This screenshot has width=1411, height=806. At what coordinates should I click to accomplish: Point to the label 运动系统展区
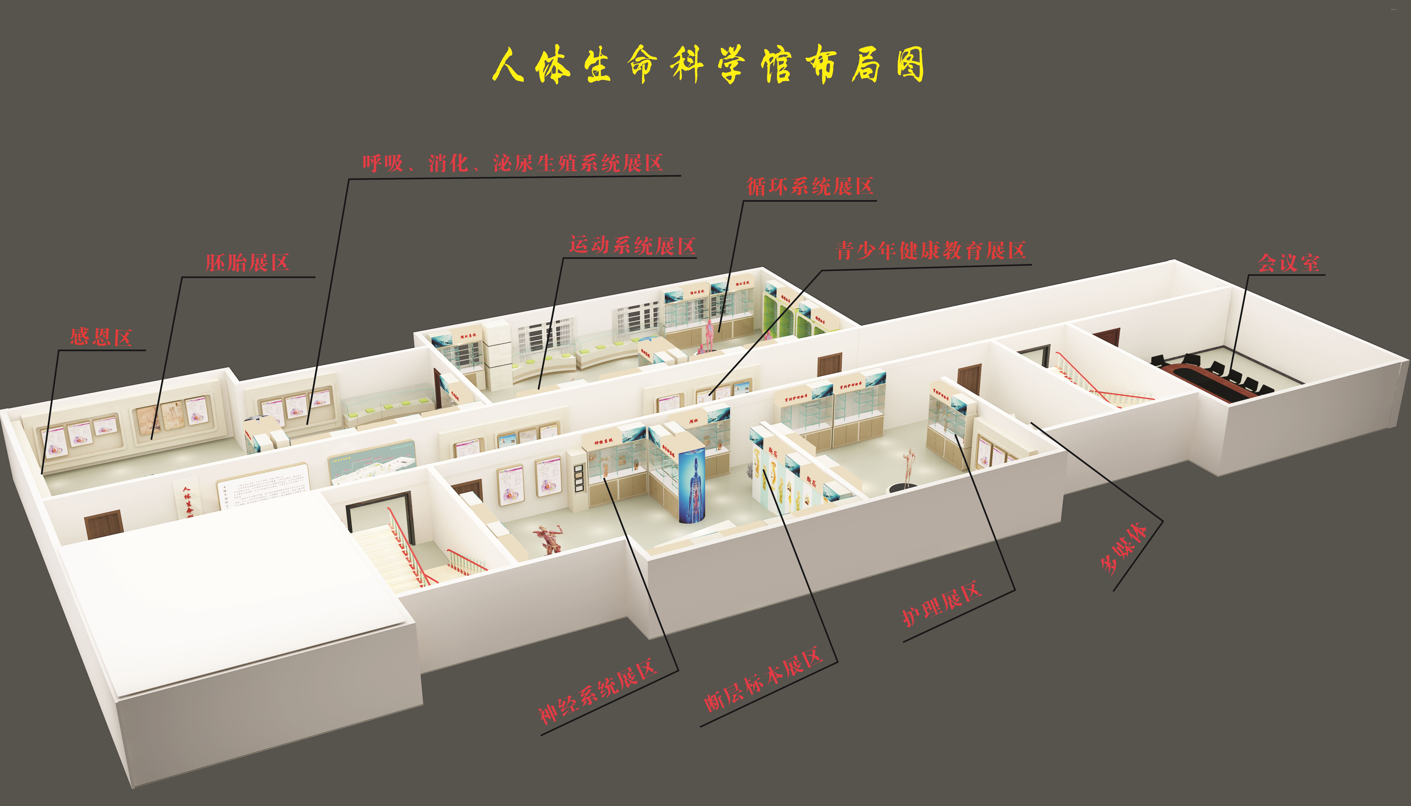point(632,245)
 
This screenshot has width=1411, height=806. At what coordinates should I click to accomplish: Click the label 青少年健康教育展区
point(931,251)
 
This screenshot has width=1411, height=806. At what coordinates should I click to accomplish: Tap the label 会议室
point(1288,262)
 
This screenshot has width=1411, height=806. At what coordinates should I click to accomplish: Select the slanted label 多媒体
point(1124,548)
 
